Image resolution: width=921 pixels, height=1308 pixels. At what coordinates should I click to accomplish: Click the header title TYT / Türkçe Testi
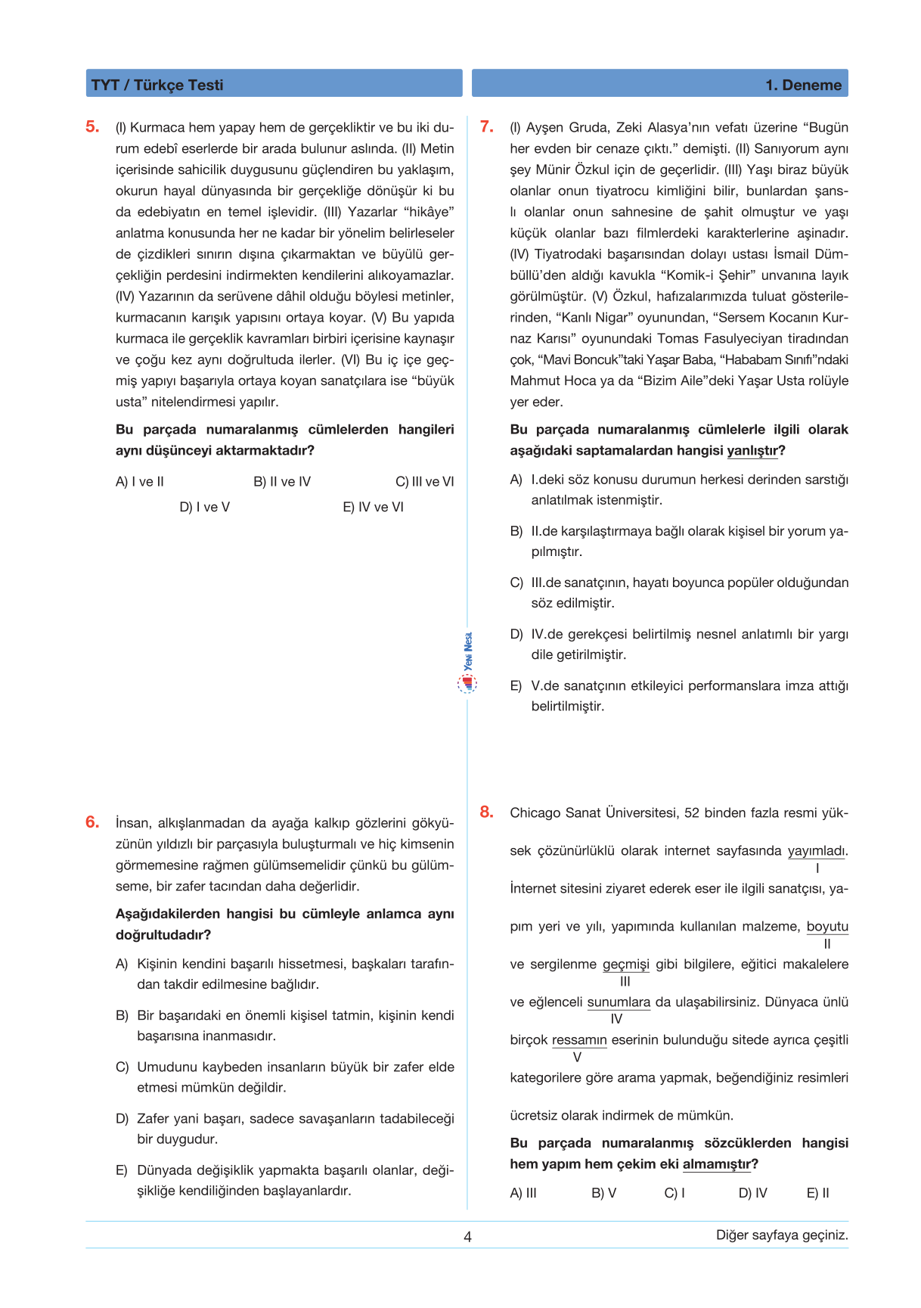(x=157, y=85)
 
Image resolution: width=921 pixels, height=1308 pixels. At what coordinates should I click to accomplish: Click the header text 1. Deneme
(x=803, y=85)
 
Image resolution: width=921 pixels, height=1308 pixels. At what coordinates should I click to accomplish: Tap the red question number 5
(x=92, y=126)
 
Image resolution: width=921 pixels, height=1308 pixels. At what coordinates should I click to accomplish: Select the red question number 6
(x=92, y=822)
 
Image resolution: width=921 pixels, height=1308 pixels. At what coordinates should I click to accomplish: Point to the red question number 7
(x=487, y=126)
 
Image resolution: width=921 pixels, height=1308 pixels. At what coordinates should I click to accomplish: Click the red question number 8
(x=486, y=812)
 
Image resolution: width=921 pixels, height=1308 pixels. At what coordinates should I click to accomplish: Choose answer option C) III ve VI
(x=424, y=482)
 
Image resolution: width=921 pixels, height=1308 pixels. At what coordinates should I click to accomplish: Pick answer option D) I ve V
(x=204, y=507)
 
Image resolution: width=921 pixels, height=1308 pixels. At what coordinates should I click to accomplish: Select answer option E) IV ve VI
(x=373, y=507)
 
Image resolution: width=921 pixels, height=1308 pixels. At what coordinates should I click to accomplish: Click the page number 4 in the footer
(x=467, y=1237)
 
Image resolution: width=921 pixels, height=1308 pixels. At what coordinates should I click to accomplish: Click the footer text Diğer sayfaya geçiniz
(x=782, y=1235)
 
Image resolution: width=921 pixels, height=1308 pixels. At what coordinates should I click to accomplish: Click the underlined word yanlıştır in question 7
(x=752, y=451)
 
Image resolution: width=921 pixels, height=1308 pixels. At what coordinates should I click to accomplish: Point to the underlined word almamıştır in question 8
(x=717, y=1164)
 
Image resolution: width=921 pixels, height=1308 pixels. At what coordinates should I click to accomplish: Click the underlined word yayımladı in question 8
(x=817, y=851)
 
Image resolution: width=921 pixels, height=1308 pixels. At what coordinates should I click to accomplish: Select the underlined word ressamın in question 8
(x=579, y=1040)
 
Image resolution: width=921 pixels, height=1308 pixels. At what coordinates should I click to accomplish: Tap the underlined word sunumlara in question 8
(x=619, y=1002)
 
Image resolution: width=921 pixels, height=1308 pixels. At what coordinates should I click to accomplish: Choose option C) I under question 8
(x=674, y=1193)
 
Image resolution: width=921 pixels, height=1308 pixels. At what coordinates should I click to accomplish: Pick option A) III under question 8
(x=523, y=1193)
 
